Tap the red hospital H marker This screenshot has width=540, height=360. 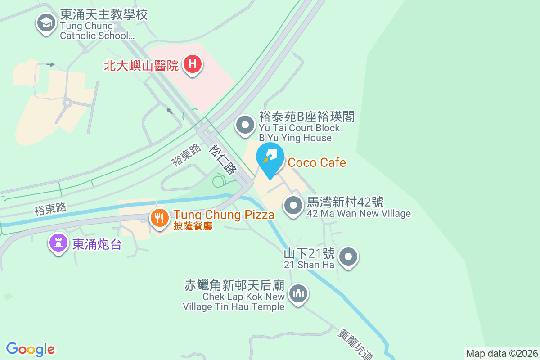pos(193,64)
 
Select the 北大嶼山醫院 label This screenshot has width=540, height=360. pos(141,66)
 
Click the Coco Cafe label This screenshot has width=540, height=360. pos(317,162)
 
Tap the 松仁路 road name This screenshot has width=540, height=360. pos(223,159)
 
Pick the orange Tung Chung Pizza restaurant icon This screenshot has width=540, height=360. pos(159,219)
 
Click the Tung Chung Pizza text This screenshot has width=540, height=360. pos(224,215)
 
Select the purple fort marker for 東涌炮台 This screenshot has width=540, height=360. pos(58,243)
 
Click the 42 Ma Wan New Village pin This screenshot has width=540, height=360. pos(293,206)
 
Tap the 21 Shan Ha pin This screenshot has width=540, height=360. pos(348,257)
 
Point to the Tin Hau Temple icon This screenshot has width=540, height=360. pos(298,294)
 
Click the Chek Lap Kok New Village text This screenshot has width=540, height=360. pos(243,297)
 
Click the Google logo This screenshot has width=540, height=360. pos(31,349)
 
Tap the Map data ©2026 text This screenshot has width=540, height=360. pos(502,353)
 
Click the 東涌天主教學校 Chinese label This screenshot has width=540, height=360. pos(104,14)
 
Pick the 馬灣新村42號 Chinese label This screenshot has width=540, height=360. pos(345,202)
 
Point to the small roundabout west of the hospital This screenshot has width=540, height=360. pos(67,103)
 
